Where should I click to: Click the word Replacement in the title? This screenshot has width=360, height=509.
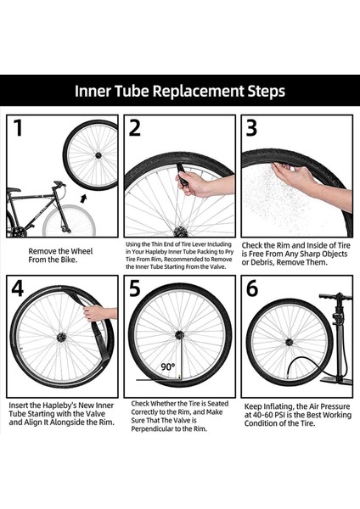[198, 92]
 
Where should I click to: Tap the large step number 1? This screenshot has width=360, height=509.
[18, 127]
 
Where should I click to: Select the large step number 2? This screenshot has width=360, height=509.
[135, 127]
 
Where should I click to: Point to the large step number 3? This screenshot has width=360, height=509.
[251, 127]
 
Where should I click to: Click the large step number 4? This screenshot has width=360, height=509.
[18, 288]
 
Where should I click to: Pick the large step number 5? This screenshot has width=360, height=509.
[134, 288]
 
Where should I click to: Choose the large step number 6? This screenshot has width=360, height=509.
[252, 288]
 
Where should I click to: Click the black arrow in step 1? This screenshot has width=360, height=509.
[84, 199]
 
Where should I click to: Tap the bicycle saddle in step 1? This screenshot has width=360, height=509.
[14, 189]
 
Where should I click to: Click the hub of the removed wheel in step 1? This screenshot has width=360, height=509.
[98, 155]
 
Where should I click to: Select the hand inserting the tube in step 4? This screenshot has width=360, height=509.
[97, 313]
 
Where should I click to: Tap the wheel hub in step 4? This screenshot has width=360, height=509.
[61, 338]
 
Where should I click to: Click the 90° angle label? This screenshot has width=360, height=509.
[168, 366]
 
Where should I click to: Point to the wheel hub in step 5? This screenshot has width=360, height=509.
[179, 335]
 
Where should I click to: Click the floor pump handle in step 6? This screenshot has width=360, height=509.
[335, 296]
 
